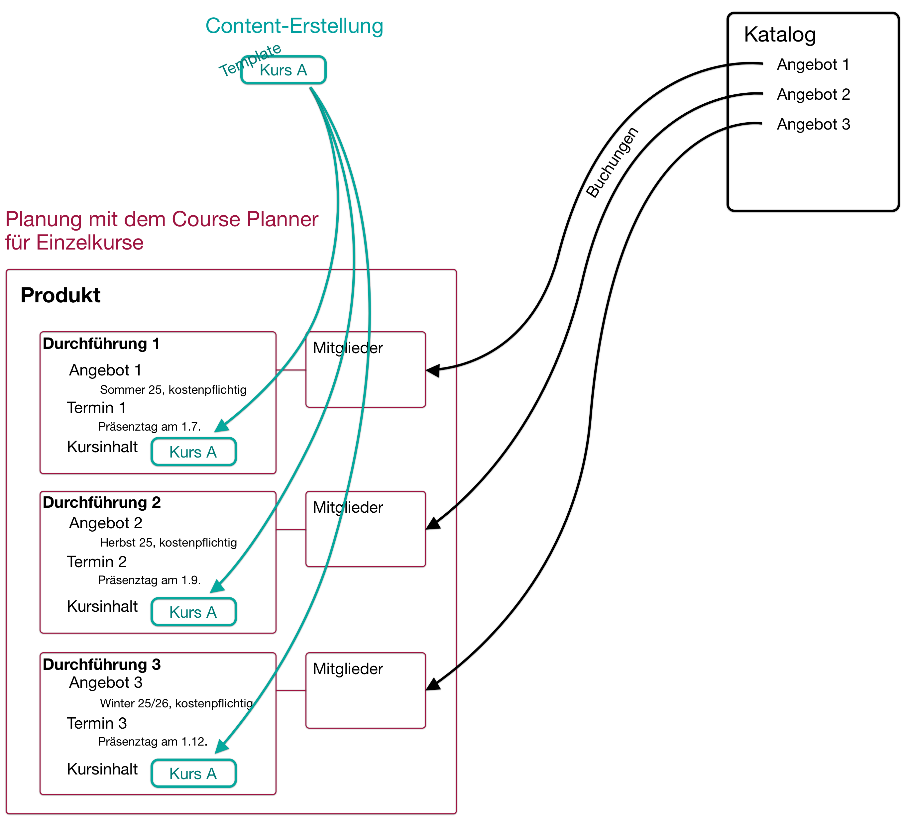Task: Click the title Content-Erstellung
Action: (x=294, y=26)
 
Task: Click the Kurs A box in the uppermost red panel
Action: (x=194, y=452)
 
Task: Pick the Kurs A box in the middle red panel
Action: (x=194, y=612)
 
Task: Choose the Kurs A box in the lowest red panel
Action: (x=194, y=773)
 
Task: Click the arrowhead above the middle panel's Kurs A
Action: (x=218, y=586)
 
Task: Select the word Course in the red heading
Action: (x=206, y=220)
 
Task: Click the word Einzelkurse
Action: (x=90, y=243)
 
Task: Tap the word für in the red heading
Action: (x=18, y=243)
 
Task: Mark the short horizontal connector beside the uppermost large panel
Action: (x=291, y=370)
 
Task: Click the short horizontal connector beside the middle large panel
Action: (x=291, y=529)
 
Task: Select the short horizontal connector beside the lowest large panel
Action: (x=291, y=690)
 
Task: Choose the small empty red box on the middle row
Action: (x=366, y=529)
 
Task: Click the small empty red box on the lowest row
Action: (x=366, y=690)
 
